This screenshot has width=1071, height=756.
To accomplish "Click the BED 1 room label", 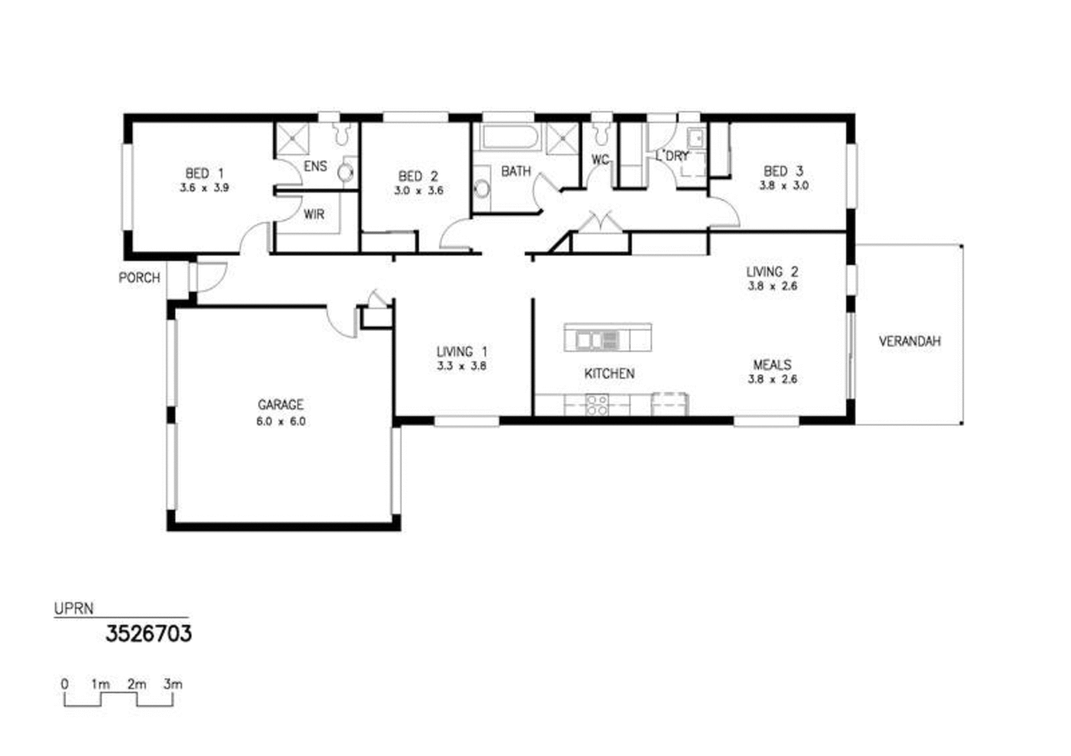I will [204, 173].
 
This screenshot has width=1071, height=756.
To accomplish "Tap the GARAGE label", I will [281, 405].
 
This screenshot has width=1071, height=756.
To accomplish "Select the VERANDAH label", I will [910, 341].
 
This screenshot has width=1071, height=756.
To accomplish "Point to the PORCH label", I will [139, 278].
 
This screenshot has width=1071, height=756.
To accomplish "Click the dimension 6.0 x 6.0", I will [281, 421].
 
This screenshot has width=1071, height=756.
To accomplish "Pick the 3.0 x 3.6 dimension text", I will [418, 191].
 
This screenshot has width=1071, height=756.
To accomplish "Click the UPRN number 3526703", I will [149, 633].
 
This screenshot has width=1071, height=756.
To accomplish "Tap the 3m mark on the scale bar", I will [172, 684].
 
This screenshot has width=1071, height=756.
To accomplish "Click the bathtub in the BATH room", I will [508, 137].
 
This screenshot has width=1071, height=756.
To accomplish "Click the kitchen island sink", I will [592, 341].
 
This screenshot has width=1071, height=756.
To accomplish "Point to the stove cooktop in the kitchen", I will [596, 405].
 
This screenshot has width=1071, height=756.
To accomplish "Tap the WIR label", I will [314, 214].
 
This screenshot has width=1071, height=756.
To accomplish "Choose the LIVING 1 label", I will [462, 351].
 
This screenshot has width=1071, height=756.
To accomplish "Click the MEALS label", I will [772, 365].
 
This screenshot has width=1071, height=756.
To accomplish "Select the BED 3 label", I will [783, 171].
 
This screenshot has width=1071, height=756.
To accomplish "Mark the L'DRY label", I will [673, 156].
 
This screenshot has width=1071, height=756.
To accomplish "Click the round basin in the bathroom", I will [482, 189].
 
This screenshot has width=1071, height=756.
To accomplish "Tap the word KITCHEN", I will [609, 373].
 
